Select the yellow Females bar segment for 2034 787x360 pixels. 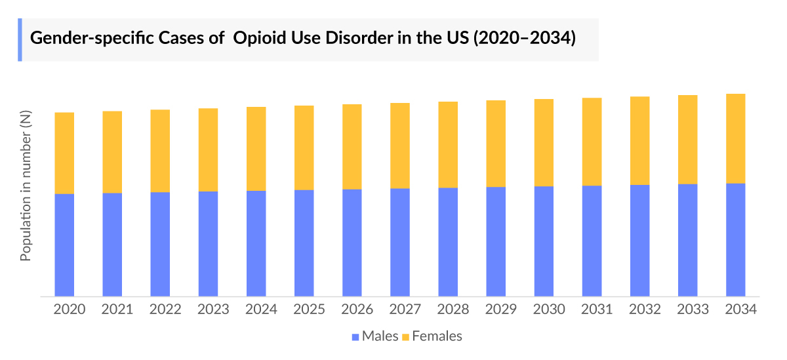735,138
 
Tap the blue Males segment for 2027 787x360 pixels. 400,242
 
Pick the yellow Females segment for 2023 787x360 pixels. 208,150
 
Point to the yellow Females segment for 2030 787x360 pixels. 544,142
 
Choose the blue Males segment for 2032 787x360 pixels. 639,240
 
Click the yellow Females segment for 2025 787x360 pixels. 304,148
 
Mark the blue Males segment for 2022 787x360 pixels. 160,244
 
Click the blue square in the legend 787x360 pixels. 355,336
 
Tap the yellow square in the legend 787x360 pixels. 405,336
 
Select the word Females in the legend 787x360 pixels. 437,336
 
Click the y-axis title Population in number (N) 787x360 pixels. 26,186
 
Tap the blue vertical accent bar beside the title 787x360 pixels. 20,39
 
